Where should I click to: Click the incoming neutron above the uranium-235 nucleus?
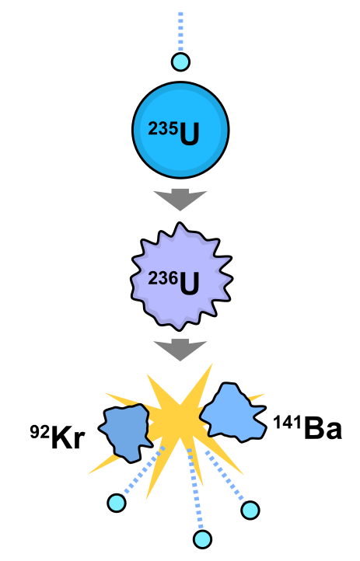point(180,62)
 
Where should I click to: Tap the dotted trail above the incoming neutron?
point(180,32)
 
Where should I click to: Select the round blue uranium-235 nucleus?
point(180,130)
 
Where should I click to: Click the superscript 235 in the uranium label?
point(163,129)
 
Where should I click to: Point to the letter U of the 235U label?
point(189,134)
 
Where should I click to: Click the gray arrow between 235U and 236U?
point(180,199)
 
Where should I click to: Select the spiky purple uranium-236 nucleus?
point(181,277)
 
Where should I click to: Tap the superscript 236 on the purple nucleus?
point(163,278)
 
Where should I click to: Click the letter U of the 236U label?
point(189,284)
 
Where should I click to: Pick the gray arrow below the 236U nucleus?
point(180,350)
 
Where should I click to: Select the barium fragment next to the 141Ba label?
point(233,412)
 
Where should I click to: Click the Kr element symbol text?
point(68,437)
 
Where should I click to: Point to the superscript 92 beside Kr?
point(40,432)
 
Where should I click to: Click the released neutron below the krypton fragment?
point(117,503)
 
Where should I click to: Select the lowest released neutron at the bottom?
point(202,538)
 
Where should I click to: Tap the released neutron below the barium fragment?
point(250,510)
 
